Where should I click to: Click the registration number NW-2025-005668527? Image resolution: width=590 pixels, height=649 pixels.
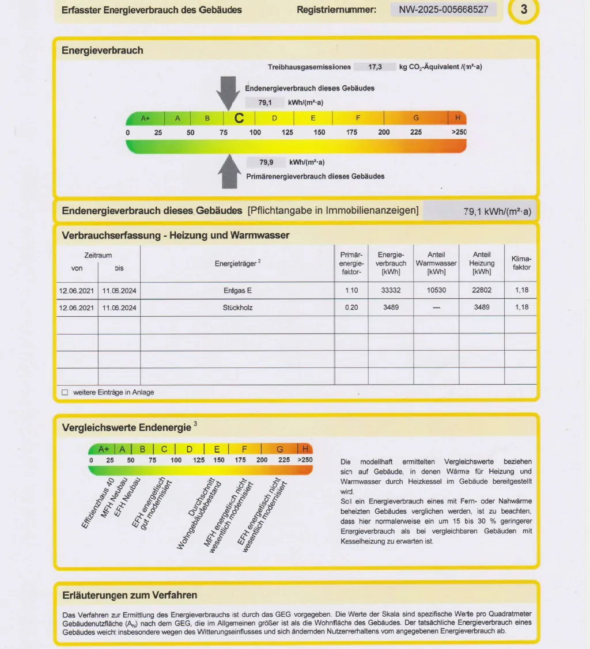pyautogui.click(x=443, y=10)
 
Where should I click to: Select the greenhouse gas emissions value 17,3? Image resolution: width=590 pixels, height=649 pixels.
pyautogui.click(x=375, y=67)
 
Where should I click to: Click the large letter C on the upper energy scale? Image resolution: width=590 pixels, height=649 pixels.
pyautogui.click(x=239, y=118)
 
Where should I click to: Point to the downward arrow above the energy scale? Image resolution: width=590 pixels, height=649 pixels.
pyautogui.click(x=229, y=92)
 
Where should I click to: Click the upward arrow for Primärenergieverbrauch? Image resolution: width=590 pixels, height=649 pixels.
pyautogui.click(x=230, y=172)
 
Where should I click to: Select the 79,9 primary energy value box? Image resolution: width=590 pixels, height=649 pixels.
pyautogui.click(x=266, y=162)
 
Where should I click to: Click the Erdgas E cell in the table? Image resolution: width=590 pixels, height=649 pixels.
pyautogui.click(x=237, y=290)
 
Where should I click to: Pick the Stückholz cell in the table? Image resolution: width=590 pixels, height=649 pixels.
pyautogui.click(x=237, y=308)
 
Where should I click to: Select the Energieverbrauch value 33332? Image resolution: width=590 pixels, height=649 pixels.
pyautogui.click(x=391, y=290)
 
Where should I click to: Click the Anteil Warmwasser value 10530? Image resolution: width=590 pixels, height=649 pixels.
pyautogui.click(x=436, y=290)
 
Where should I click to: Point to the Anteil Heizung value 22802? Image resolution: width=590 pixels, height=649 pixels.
pyautogui.click(x=482, y=290)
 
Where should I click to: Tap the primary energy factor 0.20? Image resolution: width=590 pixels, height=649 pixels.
pyautogui.click(x=351, y=308)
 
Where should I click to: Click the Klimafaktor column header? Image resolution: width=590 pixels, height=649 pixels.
pyautogui.click(x=521, y=263)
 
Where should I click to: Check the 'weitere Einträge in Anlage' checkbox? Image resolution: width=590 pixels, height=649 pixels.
pyautogui.click(x=65, y=392)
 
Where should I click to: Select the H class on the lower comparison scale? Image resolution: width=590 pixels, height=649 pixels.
pyautogui.click(x=305, y=449)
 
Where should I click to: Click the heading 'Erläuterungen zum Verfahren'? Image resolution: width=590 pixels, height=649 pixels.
pyautogui.click(x=130, y=595)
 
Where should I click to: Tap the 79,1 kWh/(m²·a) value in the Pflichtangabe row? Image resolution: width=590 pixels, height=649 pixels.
pyautogui.click(x=497, y=211)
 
